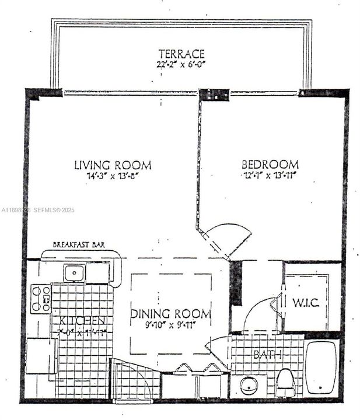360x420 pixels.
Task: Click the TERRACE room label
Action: click(x=181, y=54)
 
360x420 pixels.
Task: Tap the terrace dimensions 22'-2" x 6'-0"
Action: click(x=181, y=65)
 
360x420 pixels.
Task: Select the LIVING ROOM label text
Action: click(x=113, y=164)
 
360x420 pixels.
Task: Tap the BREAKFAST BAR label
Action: click(x=79, y=245)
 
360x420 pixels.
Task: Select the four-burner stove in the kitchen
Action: click(x=40, y=298)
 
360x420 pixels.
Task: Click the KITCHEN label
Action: click(x=82, y=321)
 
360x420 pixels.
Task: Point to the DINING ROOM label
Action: click(x=170, y=314)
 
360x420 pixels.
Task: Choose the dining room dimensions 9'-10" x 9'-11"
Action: click(x=170, y=325)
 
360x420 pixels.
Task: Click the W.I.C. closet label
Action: click(x=305, y=303)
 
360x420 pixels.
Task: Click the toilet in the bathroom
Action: click(x=285, y=382)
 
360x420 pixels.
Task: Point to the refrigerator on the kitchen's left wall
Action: click(x=41, y=356)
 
